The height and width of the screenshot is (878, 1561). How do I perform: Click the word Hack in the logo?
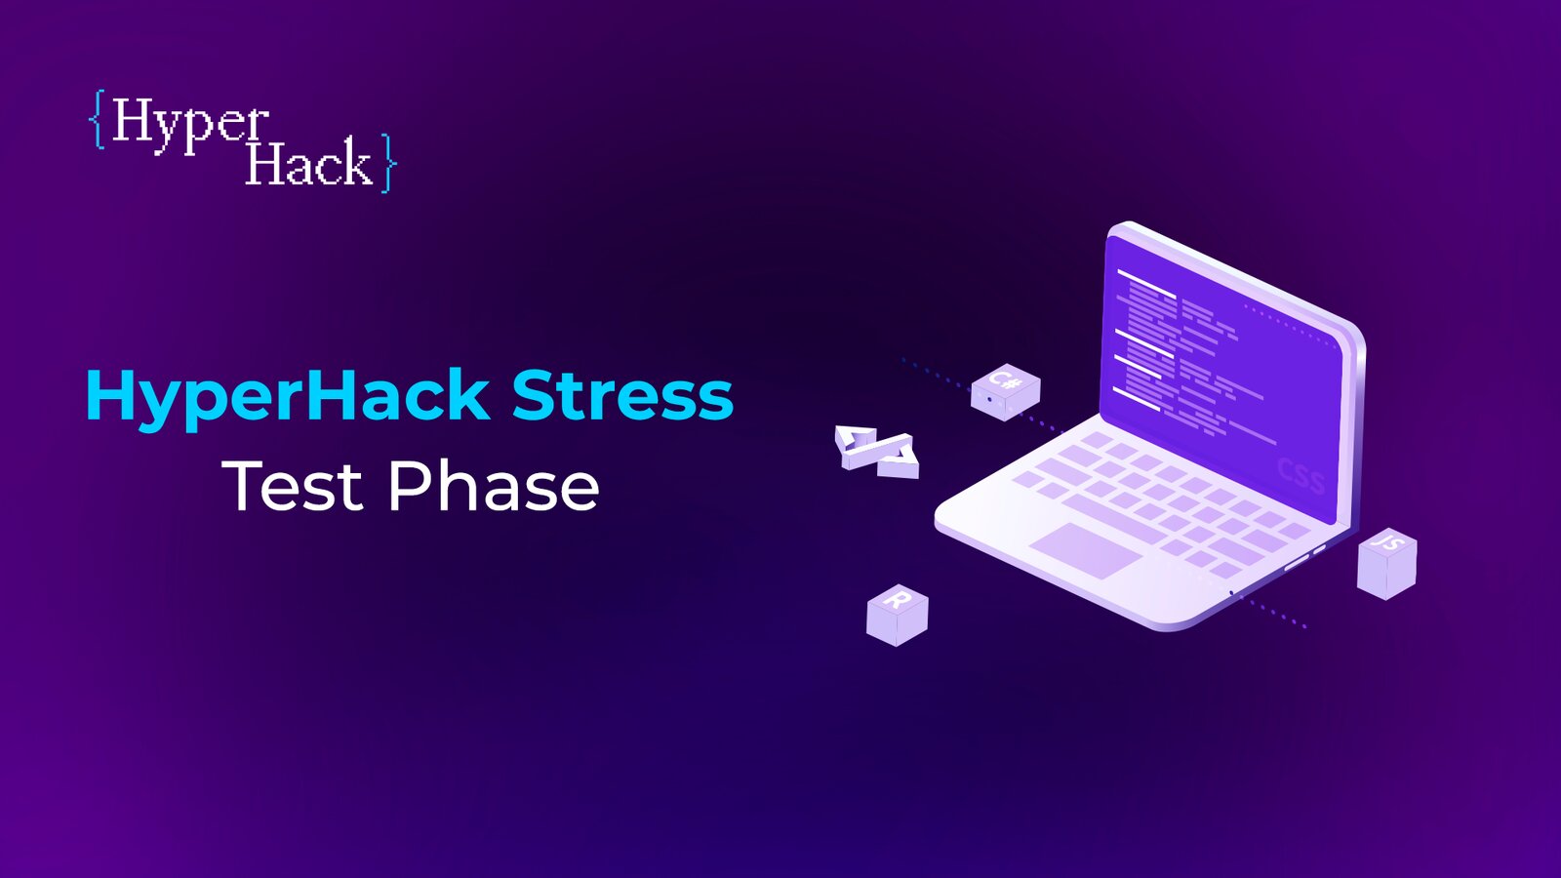(309, 162)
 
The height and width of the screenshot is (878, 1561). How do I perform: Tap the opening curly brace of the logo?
(98, 119)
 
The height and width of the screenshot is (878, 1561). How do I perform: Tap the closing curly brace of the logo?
(388, 162)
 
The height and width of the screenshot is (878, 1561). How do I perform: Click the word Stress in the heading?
(622, 395)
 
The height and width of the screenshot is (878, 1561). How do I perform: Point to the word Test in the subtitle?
(293, 485)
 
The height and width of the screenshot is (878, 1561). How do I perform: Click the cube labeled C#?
(1006, 391)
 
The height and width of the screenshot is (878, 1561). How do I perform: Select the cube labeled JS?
(1386, 564)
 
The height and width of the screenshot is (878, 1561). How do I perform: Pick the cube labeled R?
(897, 615)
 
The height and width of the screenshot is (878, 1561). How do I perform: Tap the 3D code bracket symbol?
(877, 451)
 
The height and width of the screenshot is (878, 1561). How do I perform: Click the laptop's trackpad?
(1086, 550)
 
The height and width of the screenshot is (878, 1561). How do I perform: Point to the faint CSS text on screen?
(1301, 476)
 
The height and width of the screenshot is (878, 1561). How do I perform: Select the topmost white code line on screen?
(1146, 284)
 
